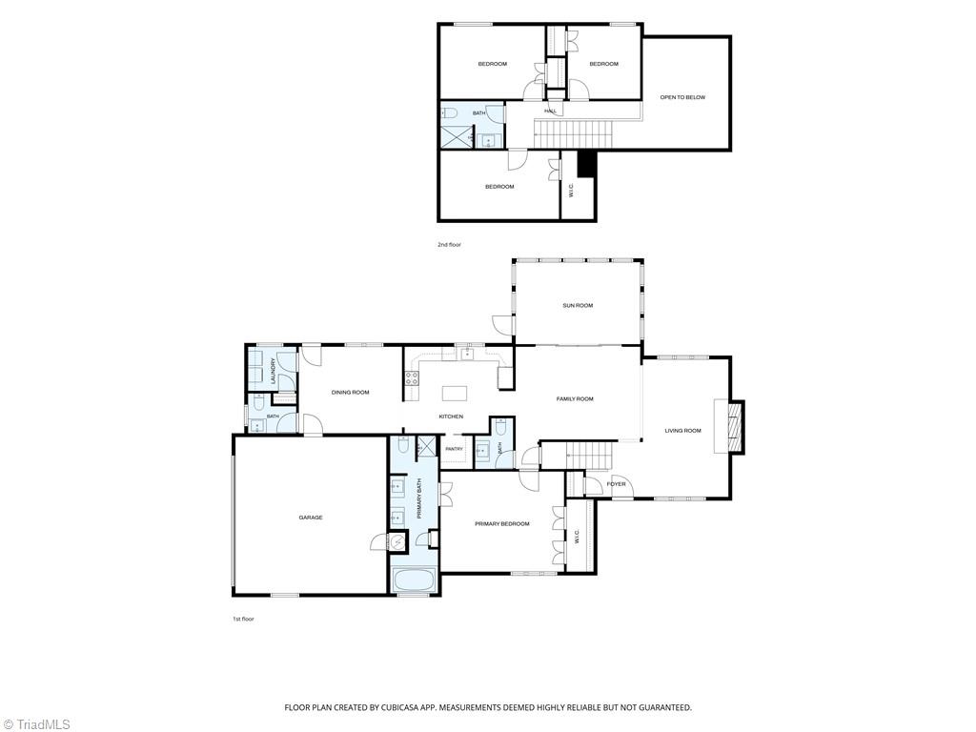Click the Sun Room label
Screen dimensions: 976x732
(578, 306)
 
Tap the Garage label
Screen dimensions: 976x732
(311, 518)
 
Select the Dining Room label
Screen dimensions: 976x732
(351, 392)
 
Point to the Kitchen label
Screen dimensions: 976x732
(451, 417)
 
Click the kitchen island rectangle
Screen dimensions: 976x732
(455, 394)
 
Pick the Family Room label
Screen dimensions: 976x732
(575, 399)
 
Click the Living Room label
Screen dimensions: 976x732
(682, 431)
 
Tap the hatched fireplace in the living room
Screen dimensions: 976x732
(736, 426)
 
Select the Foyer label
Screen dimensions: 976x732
(617, 484)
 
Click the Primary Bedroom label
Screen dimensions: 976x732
(502, 524)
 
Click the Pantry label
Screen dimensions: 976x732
(455, 450)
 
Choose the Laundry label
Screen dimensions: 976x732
(273, 370)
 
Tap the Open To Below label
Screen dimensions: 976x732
(682, 98)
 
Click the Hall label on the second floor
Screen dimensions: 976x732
(551, 111)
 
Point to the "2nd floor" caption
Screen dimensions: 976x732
(450, 245)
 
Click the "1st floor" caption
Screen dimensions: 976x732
(243, 620)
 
